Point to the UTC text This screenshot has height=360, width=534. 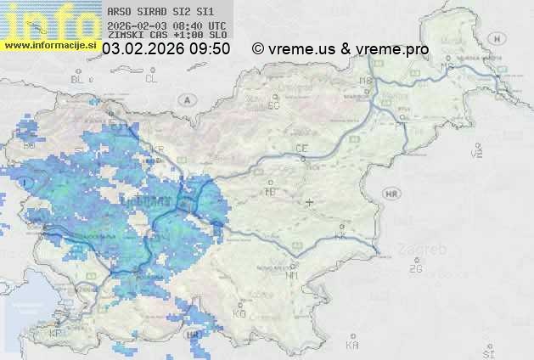216,25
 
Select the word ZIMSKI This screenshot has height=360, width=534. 125,36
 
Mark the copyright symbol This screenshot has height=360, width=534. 258,49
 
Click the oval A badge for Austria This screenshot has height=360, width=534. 185,99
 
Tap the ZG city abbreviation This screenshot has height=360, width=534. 415,269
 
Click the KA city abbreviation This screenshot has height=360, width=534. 352,345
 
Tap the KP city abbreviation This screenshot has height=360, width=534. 55,334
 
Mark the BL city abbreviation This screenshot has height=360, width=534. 79,79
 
